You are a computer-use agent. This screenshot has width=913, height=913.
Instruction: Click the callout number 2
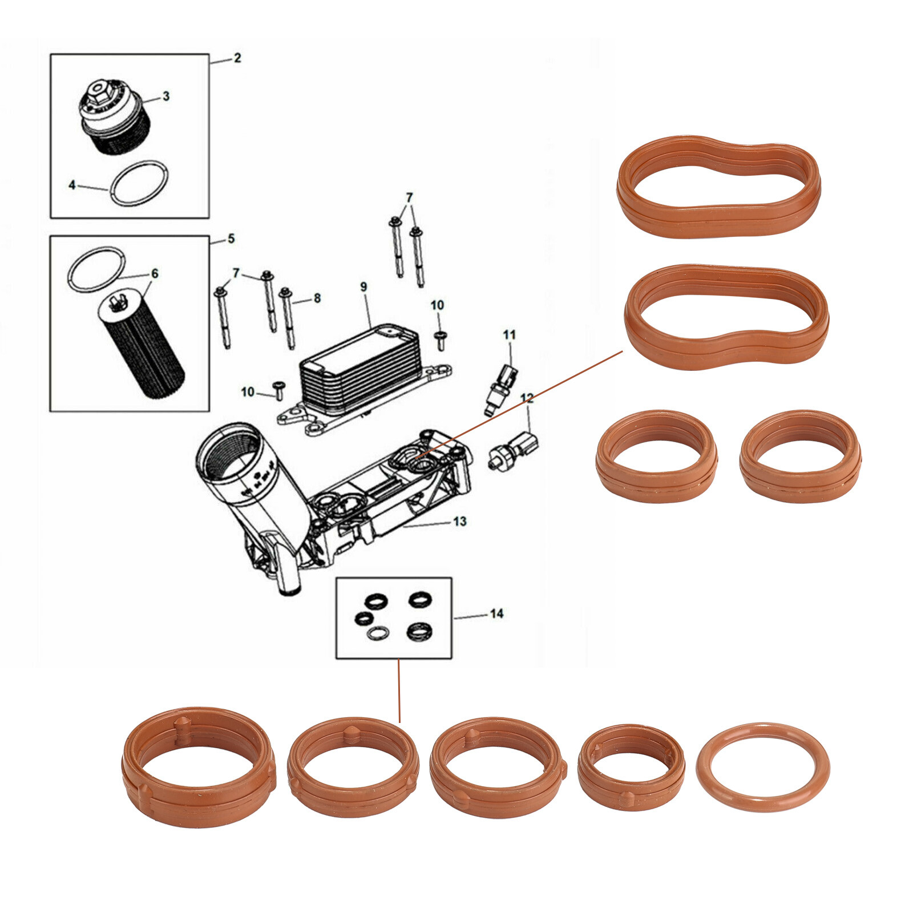click(237, 58)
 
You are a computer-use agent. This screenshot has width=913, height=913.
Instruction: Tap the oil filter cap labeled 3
click(114, 117)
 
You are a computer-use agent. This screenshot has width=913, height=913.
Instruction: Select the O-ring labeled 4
click(140, 183)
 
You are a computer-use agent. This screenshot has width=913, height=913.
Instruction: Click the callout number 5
click(231, 239)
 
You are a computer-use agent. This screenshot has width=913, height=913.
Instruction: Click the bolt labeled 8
click(288, 320)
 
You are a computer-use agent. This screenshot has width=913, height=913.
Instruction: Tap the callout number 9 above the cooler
click(363, 287)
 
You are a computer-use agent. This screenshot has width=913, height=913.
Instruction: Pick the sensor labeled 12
click(515, 448)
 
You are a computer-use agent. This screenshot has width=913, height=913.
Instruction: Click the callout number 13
click(459, 521)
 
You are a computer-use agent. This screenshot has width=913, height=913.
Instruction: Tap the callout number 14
click(496, 613)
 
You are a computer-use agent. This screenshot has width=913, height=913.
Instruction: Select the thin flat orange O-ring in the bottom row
click(762, 767)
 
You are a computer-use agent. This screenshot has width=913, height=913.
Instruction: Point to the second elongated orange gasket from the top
click(726, 317)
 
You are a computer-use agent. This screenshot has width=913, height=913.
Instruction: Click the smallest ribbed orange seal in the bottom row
click(631, 767)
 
